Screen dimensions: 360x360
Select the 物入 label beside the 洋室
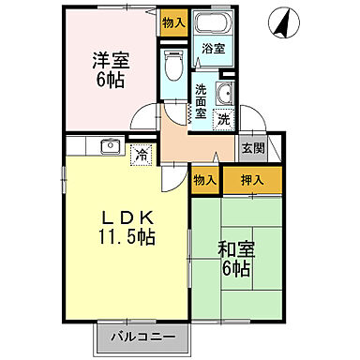pos(173,22)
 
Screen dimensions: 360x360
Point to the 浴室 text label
pos(213,48)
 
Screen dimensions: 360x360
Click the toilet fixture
pos(172,65)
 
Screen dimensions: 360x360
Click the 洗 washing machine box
pos(223,119)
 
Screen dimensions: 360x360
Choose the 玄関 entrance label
pos(251,148)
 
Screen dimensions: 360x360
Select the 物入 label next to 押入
pos(205,179)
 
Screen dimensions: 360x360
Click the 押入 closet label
pos(250,179)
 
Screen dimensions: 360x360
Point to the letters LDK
pos(127,216)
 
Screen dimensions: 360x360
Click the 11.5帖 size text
pos(127,236)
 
